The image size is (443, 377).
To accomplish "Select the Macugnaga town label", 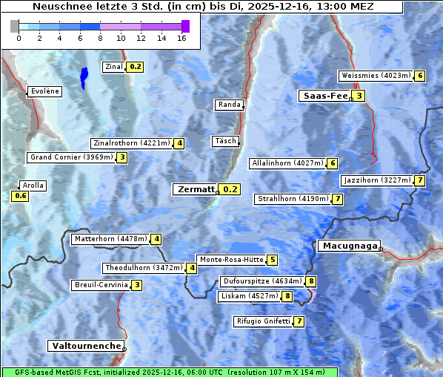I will [x=348, y=246].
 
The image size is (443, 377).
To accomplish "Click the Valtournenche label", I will [x=86, y=346].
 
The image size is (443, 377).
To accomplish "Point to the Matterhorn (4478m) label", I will [x=110, y=239].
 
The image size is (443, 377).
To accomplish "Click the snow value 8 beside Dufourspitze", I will [x=311, y=281].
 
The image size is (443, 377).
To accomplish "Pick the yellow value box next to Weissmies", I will [x=420, y=76].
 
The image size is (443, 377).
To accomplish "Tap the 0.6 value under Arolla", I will [x=20, y=196].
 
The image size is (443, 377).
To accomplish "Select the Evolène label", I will [x=45, y=91].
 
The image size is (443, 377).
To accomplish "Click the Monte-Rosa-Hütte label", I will [x=231, y=260].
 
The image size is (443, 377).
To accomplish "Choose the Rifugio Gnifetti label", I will [x=262, y=321].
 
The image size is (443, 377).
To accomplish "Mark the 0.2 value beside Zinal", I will [x=135, y=67].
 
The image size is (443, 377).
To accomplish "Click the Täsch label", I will [x=225, y=141].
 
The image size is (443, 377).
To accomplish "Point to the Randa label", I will [x=229, y=105].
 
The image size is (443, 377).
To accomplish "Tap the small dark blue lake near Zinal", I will [x=84, y=76].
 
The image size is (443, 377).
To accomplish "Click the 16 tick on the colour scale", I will [x=181, y=37].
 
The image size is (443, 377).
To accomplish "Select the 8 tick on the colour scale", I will [x=100, y=37].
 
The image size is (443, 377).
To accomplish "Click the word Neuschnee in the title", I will [x=57, y=7].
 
